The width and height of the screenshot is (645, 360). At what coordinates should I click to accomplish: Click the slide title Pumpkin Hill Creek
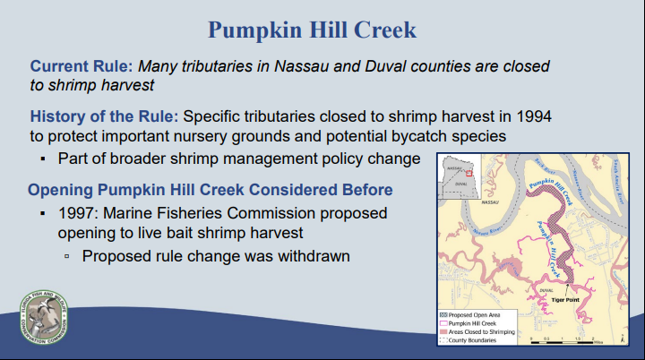(x=312, y=29)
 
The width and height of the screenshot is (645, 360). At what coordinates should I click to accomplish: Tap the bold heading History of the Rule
(x=104, y=117)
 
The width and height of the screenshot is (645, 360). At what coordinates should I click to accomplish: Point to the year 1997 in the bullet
(x=78, y=215)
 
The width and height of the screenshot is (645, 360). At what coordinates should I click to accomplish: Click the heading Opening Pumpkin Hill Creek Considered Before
(x=210, y=191)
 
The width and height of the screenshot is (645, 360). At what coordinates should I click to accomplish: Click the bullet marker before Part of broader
(x=42, y=159)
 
